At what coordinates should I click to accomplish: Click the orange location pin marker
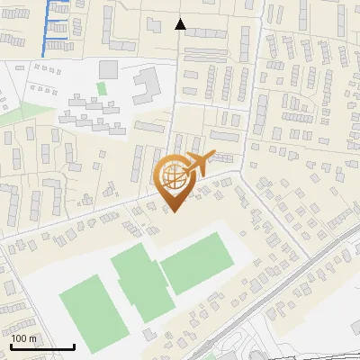(x=175, y=180)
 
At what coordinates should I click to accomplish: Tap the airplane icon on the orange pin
(x=196, y=165)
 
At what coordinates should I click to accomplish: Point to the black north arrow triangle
(x=180, y=24)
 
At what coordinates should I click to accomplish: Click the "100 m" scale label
(x=23, y=338)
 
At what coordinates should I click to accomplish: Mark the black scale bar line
(x=42, y=346)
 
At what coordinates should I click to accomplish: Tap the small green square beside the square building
(x=101, y=87)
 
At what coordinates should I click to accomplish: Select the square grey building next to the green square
(x=108, y=69)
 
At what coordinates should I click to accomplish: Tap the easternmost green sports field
(x=197, y=264)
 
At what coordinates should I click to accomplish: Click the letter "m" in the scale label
(x=32, y=338)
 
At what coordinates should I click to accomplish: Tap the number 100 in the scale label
(x=19, y=338)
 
